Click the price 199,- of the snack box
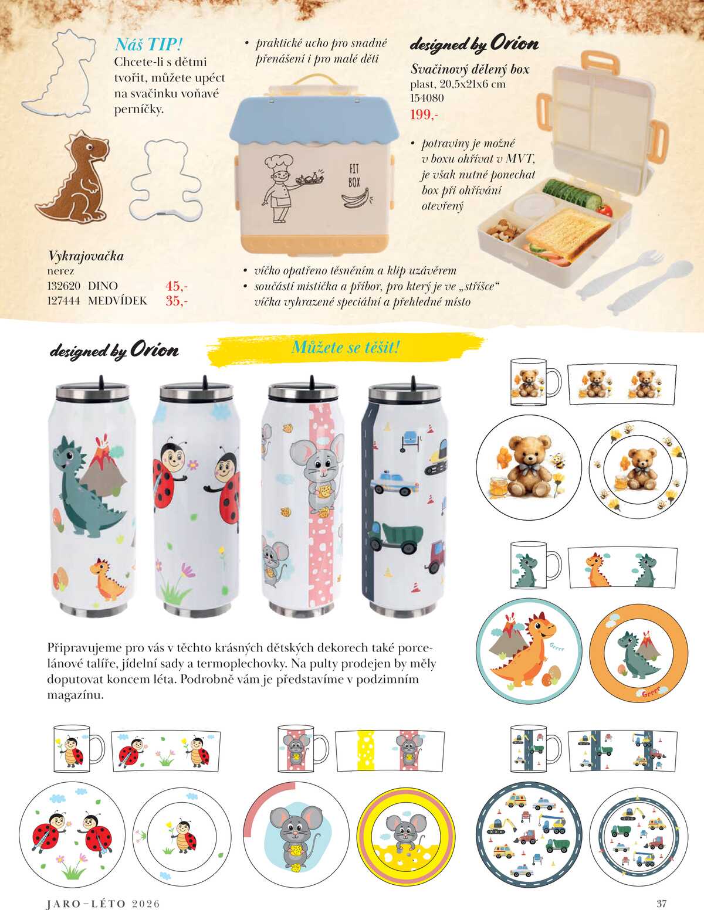424,114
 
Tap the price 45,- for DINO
177,286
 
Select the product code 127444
63,301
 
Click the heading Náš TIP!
148,45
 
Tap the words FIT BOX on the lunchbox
354,175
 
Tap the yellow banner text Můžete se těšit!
346,347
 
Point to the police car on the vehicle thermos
395,483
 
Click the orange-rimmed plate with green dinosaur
638,653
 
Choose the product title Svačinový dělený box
470,69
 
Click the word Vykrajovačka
86,256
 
